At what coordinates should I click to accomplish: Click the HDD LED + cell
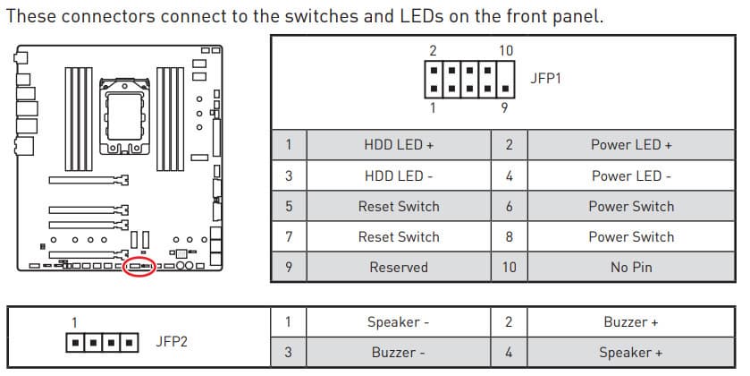(x=399, y=145)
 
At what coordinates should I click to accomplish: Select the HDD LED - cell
(x=399, y=175)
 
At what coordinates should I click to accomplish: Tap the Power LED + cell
(x=631, y=145)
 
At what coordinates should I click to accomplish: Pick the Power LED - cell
(x=631, y=175)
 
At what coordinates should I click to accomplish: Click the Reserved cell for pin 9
(x=399, y=267)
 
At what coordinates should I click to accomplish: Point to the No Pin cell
(x=631, y=267)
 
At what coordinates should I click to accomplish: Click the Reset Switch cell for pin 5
(x=399, y=206)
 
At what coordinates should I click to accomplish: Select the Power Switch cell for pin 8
(x=631, y=236)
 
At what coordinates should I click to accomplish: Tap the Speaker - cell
(x=399, y=322)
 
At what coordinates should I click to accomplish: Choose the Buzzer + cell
(x=631, y=322)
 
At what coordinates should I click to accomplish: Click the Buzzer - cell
(x=399, y=353)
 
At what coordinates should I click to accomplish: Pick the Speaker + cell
(x=631, y=353)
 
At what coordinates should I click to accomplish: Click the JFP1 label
(x=545, y=78)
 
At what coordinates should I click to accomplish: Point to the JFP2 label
(x=171, y=341)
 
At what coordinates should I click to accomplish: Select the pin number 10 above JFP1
(x=506, y=51)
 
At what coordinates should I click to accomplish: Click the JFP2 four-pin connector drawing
(x=103, y=342)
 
